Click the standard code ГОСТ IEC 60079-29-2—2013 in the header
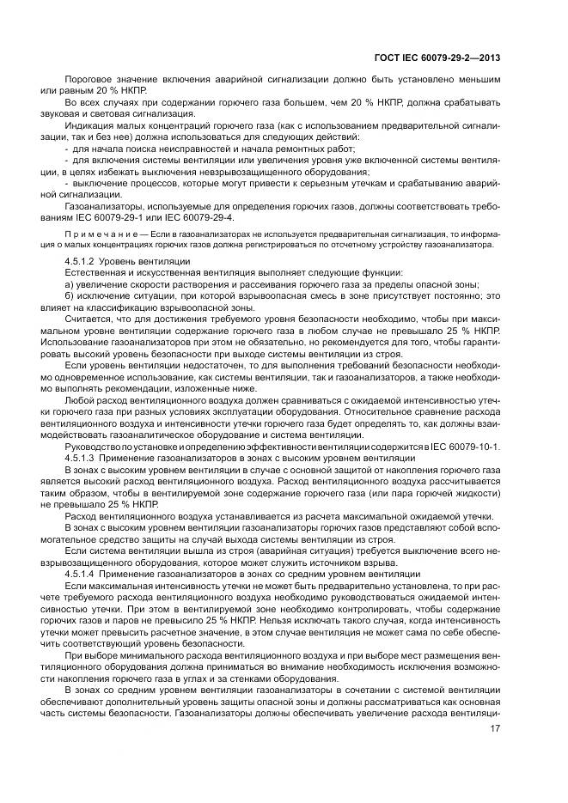click(x=438, y=58)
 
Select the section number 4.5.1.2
click(x=80, y=260)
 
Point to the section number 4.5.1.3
click(x=80, y=461)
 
